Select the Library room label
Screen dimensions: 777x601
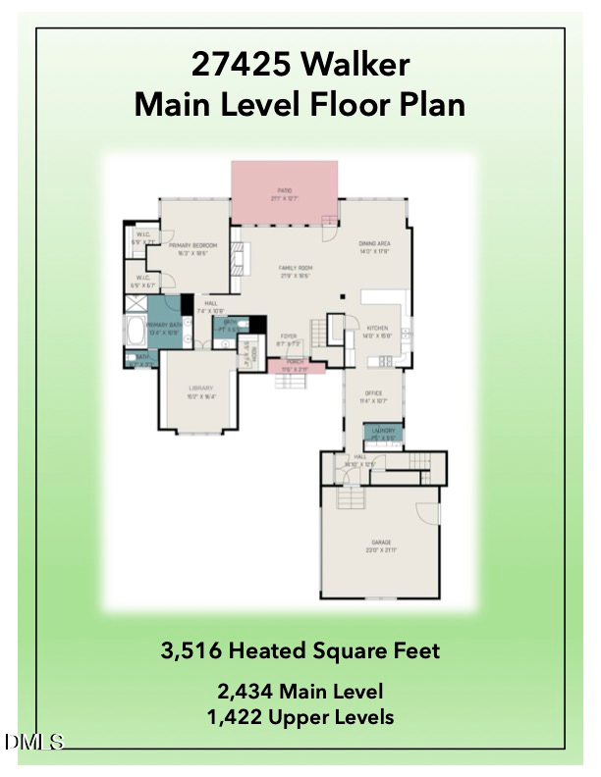pos(200,390)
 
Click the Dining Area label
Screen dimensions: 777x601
pos(375,245)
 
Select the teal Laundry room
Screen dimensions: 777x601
pos(383,432)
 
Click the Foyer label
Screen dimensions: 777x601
pos(288,338)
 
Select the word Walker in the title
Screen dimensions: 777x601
pos(360,66)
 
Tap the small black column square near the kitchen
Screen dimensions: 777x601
pos(341,297)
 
